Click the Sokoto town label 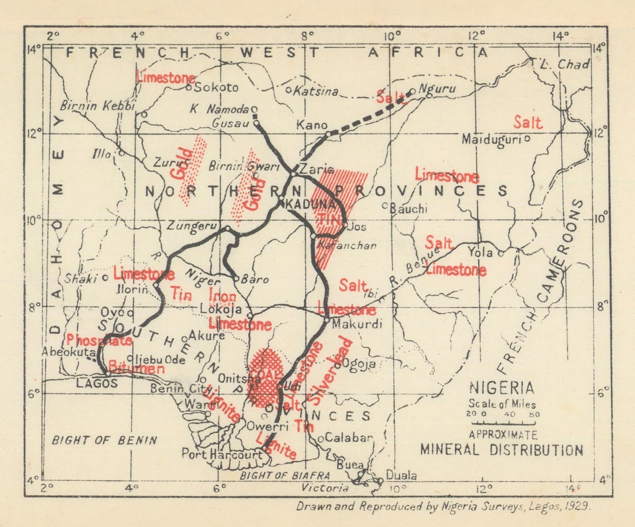pyautogui.click(x=216, y=88)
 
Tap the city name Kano pyautogui.click(x=312, y=125)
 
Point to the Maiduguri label pyautogui.click(x=492, y=139)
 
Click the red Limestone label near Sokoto pyautogui.click(x=165, y=77)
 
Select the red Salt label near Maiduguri pyautogui.click(x=528, y=123)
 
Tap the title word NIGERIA pyautogui.click(x=501, y=388)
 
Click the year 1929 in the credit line pyautogui.click(x=577, y=506)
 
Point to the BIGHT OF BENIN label pyautogui.click(x=104, y=440)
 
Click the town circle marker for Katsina pyautogui.click(x=289, y=90)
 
